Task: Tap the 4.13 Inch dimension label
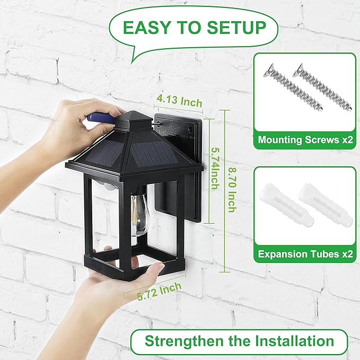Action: coord(179,100)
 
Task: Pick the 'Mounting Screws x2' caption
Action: coord(305,141)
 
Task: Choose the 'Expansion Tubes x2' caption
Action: coord(305,254)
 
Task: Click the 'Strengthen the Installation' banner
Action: coord(239,341)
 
